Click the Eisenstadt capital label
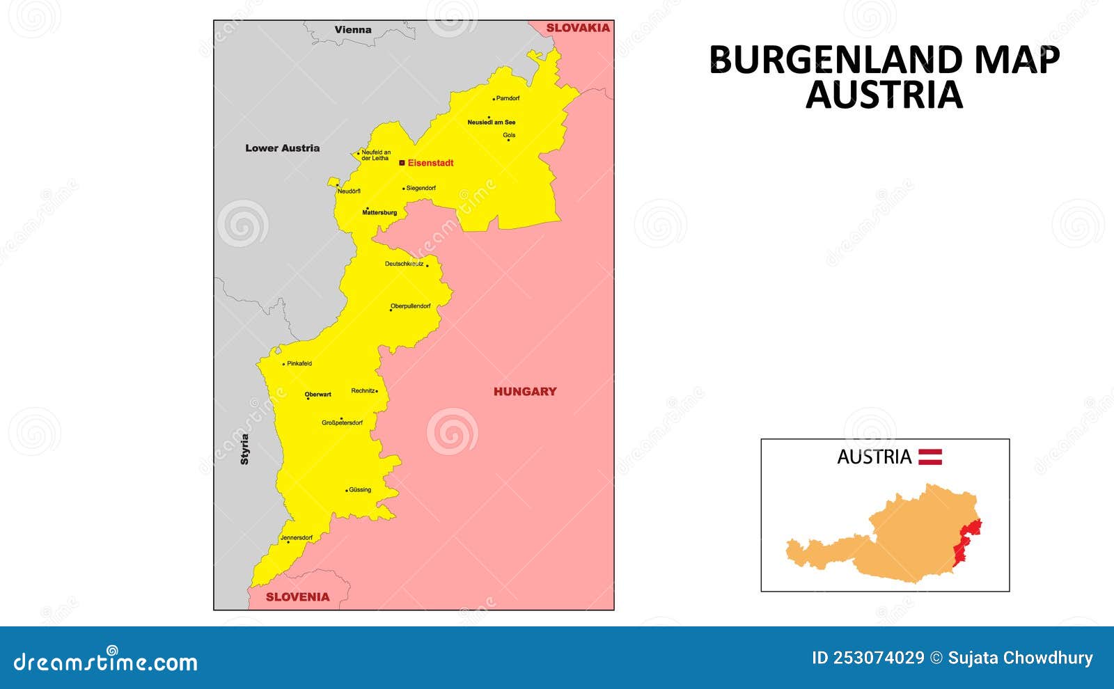point(430,163)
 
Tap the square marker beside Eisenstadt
point(402,163)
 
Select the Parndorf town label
point(508,98)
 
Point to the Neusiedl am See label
point(492,122)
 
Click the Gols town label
point(509,135)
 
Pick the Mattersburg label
point(379,212)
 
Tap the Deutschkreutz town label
point(404,264)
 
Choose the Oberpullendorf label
point(411,306)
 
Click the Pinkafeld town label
point(299,363)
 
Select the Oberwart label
point(318,395)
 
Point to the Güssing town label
point(360,490)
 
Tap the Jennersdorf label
point(296,537)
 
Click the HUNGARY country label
point(525,392)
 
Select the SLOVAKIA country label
point(578,28)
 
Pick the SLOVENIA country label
point(297,597)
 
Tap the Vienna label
point(353,30)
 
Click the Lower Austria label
point(283,148)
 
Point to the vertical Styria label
point(244,449)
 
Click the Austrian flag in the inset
point(930,457)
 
